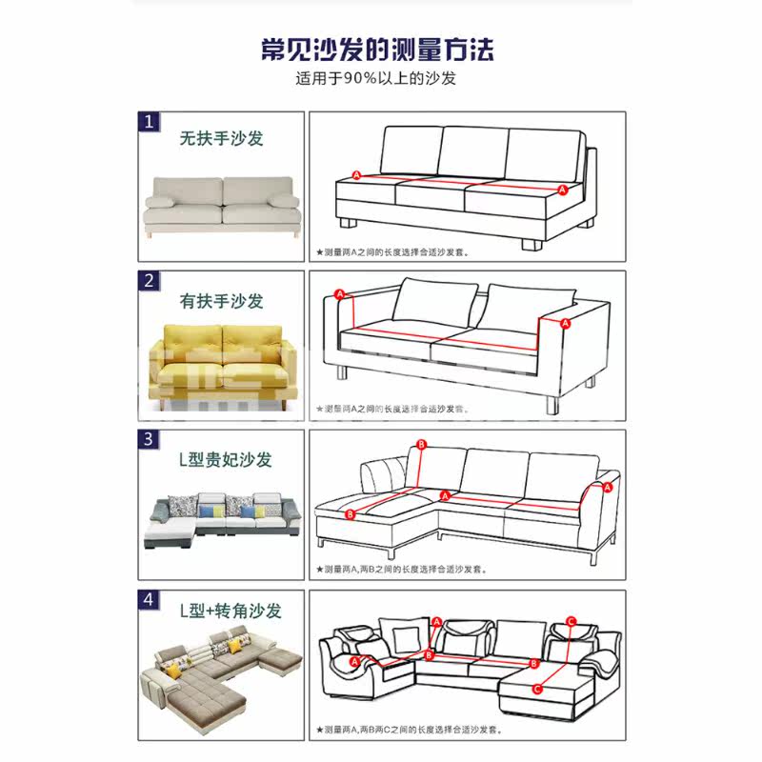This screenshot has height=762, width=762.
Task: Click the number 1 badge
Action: point(150,122)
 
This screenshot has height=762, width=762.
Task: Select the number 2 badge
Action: point(150,280)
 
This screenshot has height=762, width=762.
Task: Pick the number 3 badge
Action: point(150,439)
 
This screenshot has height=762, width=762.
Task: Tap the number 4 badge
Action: point(150,600)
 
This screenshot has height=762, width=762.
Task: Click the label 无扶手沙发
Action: point(222,139)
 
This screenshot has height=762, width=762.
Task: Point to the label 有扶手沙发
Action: point(222,301)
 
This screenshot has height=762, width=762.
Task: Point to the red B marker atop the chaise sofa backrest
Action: point(420,445)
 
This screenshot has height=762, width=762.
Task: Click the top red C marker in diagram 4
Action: point(570,621)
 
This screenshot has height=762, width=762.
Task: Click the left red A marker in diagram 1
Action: point(356,175)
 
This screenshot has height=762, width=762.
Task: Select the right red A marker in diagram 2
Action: point(565,324)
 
